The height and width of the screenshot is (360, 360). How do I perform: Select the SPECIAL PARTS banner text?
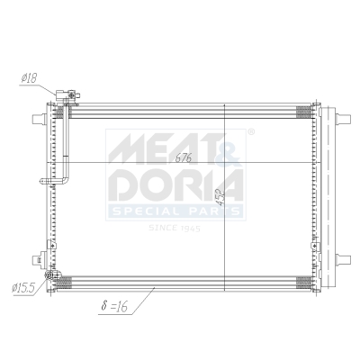pos(175,212)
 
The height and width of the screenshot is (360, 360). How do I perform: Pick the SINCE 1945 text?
pos(176,229)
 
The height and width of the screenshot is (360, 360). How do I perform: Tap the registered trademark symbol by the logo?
pos(249,132)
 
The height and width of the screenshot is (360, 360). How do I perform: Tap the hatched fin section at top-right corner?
pos(304,111)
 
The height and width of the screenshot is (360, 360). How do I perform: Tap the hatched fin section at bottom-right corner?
pos(304,281)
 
